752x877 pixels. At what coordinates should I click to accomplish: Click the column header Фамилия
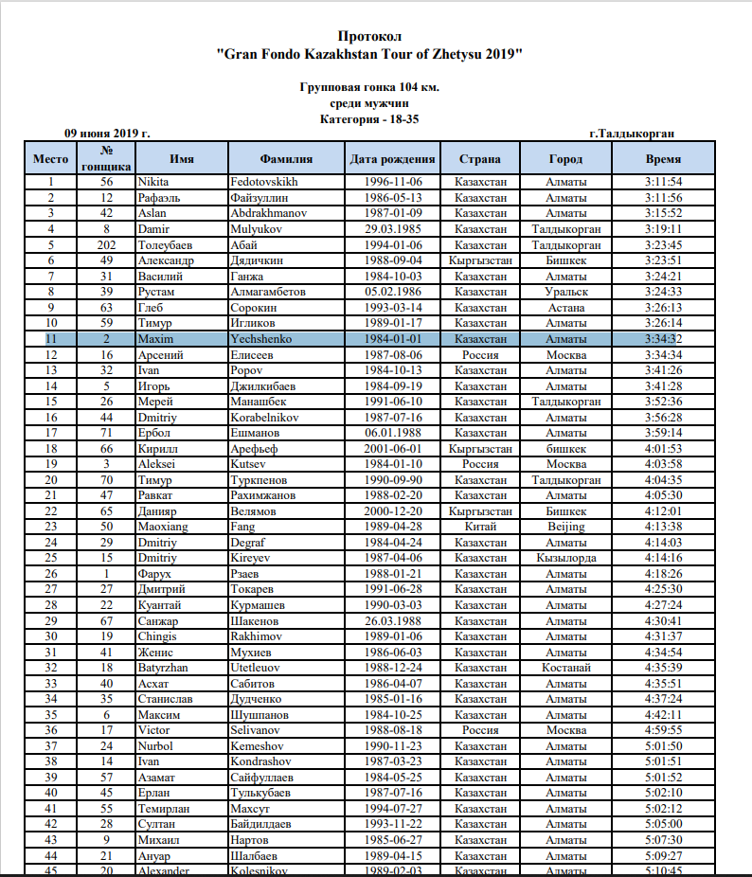tap(285, 158)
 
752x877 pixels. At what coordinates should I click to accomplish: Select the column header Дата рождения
tap(392, 158)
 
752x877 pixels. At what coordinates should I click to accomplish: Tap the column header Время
tap(663, 158)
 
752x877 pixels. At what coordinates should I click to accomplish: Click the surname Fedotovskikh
tap(264, 182)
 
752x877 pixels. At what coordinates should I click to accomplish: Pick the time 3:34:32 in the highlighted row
tap(663, 339)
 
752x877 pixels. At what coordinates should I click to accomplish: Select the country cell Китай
tap(480, 527)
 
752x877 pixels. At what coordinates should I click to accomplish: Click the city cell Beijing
tap(565, 527)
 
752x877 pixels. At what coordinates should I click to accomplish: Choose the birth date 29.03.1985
tap(392, 229)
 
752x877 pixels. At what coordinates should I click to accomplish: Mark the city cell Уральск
tap(566, 292)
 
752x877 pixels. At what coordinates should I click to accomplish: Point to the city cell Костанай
tap(566, 668)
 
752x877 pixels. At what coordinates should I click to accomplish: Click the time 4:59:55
tap(663, 730)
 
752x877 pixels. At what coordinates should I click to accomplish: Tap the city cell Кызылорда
tap(566, 558)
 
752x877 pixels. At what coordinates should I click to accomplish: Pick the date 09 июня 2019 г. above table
tap(107, 134)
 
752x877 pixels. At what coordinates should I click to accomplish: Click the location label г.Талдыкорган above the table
tap(632, 134)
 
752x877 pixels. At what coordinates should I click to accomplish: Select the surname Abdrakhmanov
tap(269, 213)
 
